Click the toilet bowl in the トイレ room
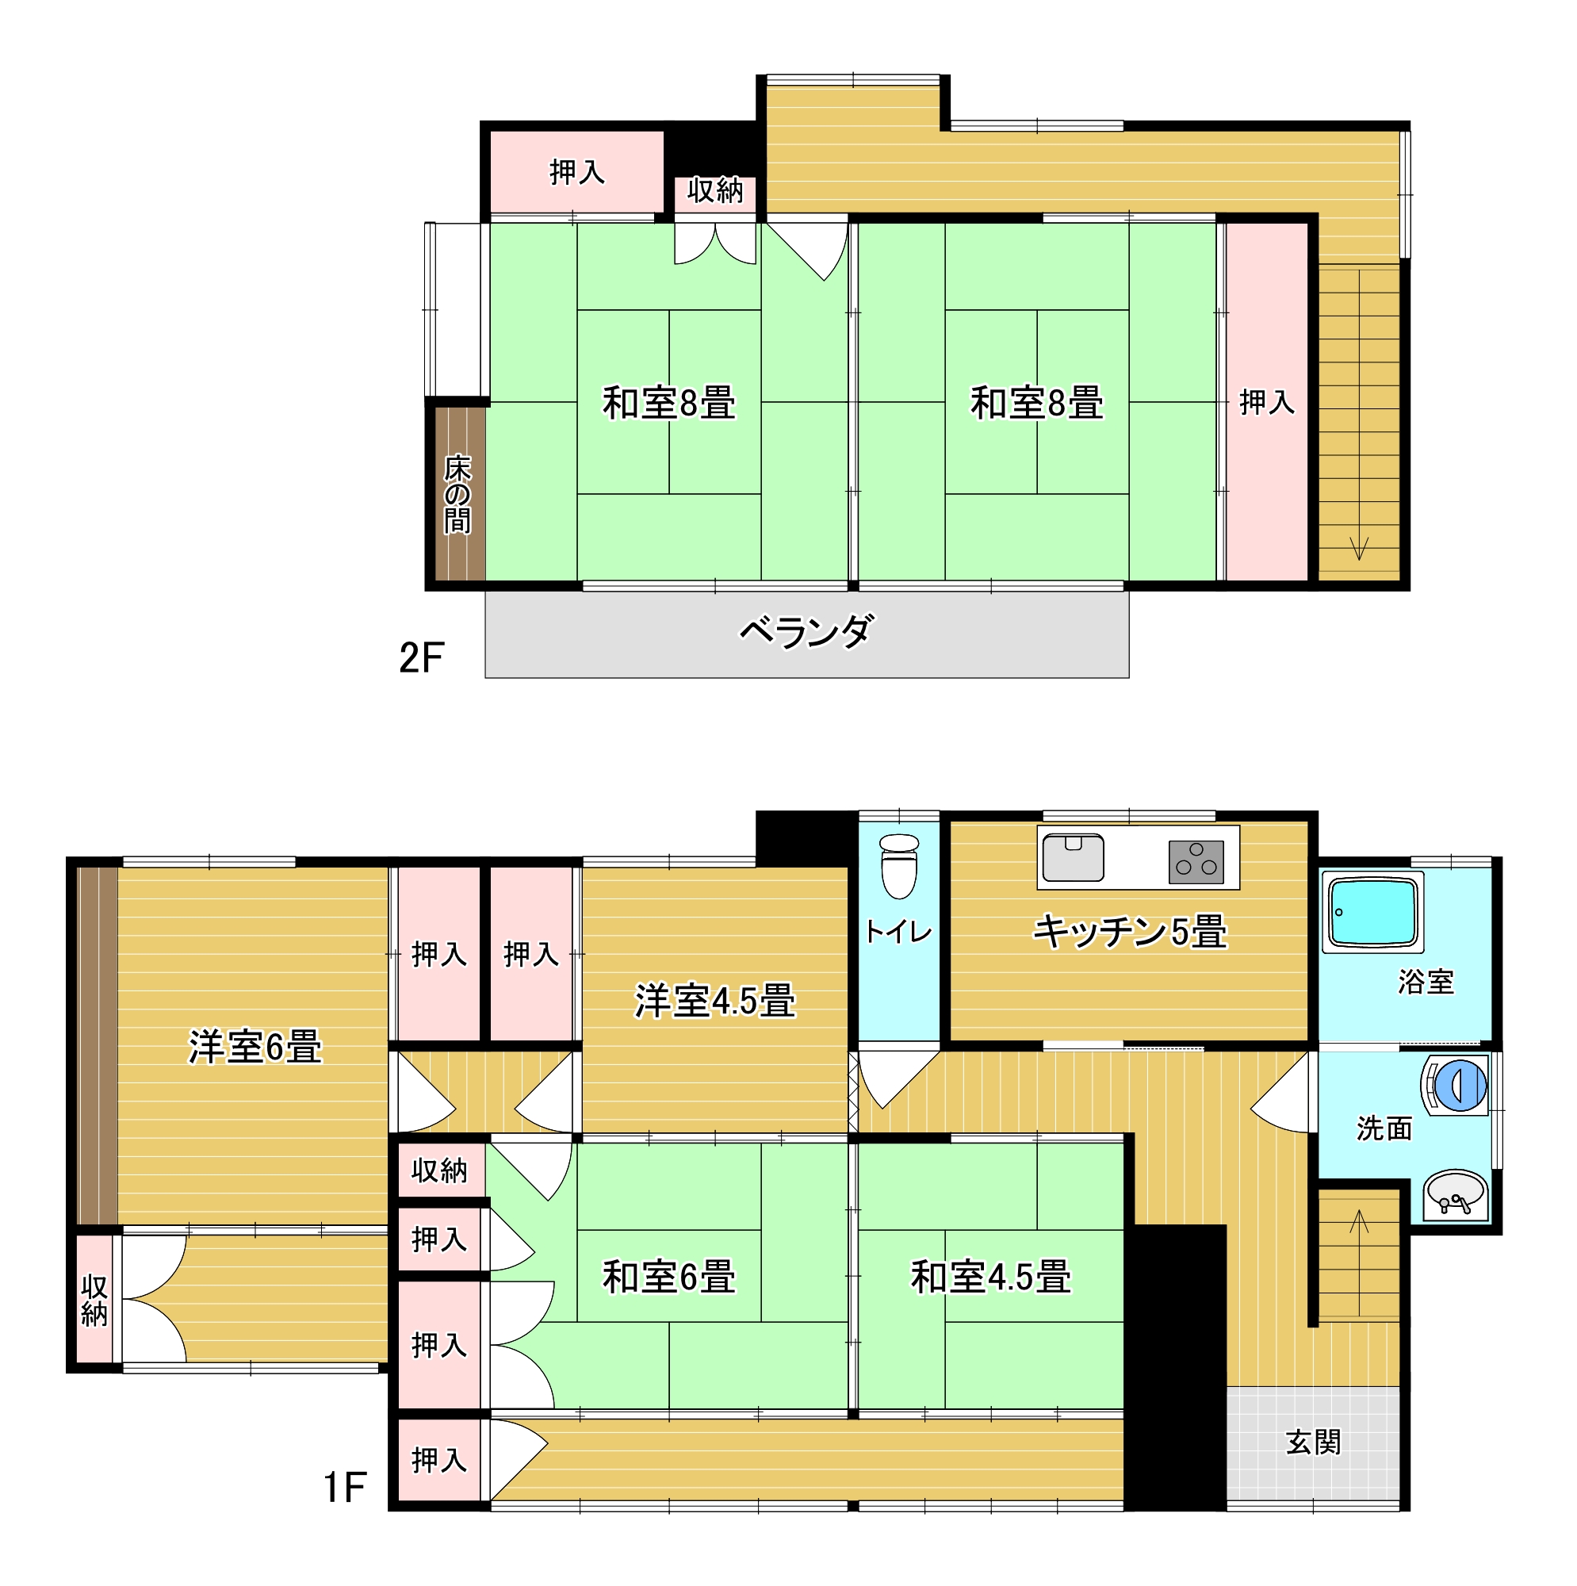pos(899,867)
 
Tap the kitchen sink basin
pos(1073,858)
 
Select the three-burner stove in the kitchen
pos(1196,862)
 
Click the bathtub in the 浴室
pos(1372,911)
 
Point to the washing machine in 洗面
pos(1456,1086)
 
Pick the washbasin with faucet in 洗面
pos(1455,1195)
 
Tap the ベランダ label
pos(806,632)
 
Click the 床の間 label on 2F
pos(457,494)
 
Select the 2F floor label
pos(421,657)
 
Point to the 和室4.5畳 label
pos(991,1278)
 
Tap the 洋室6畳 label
pos(255,1048)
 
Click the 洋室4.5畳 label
pos(714,1002)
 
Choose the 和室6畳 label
pos(668,1278)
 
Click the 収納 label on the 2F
pos(715,190)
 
